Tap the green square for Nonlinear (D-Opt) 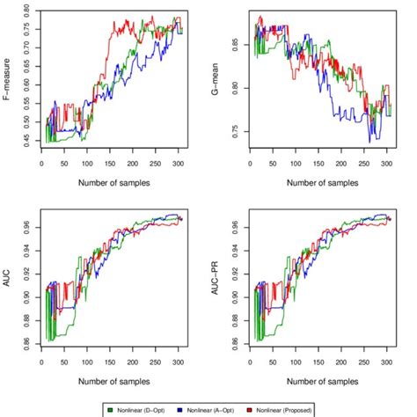(x=109, y=410)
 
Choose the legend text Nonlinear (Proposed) (x=304, y=410)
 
